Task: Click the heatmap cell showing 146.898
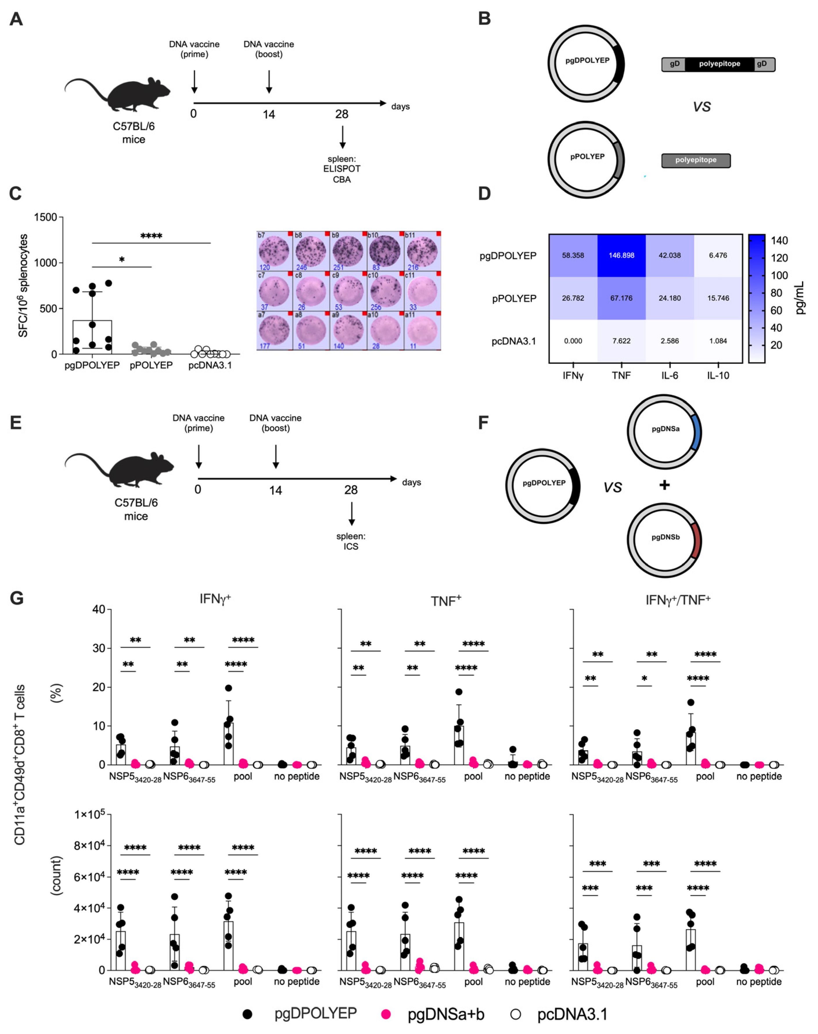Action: tap(621, 255)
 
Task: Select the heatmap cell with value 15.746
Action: tap(718, 298)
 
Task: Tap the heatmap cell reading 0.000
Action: tap(573, 341)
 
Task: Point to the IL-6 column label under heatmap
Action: tap(670, 375)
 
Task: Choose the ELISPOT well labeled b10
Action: tap(386, 251)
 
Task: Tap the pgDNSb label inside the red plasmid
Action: tap(665, 537)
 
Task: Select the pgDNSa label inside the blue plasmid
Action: tap(665, 429)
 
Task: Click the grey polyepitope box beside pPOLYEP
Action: tap(695, 161)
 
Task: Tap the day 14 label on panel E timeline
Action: tap(275, 490)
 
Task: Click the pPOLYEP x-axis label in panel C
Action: tap(151, 365)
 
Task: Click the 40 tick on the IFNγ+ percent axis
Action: tap(99, 609)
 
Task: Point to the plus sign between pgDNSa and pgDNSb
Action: tap(664, 485)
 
